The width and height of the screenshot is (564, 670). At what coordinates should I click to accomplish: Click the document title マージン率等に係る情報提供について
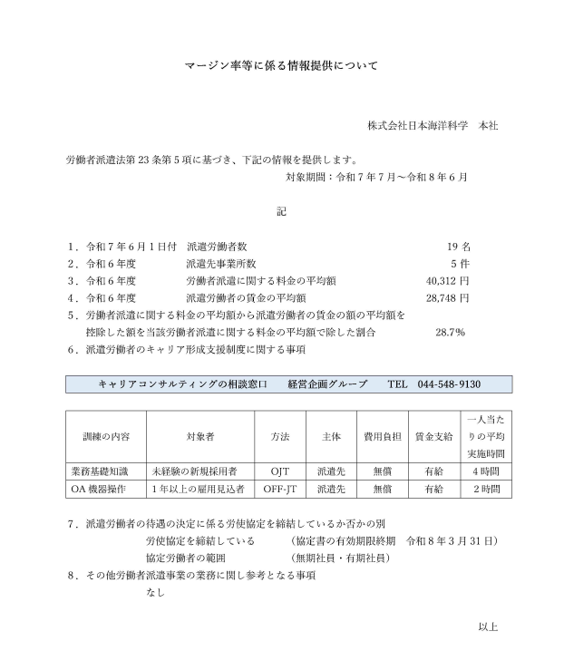pyautogui.click(x=281, y=66)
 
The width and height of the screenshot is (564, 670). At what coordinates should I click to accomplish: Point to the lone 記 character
pyautogui.click(x=281, y=211)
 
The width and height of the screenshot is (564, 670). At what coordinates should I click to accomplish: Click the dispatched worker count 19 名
pyautogui.click(x=458, y=247)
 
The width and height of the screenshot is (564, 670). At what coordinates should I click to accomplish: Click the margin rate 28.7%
pyautogui.click(x=451, y=332)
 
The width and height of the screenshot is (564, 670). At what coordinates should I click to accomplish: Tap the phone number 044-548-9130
pyautogui.click(x=449, y=384)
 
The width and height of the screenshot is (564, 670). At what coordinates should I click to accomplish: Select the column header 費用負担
pyautogui.click(x=376, y=436)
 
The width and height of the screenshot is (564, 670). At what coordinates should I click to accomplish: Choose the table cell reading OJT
pyautogui.click(x=280, y=471)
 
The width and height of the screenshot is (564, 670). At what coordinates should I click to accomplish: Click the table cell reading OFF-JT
pyautogui.click(x=280, y=489)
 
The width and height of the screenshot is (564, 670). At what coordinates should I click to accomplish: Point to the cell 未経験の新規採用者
pyautogui.click(x=195, y=471)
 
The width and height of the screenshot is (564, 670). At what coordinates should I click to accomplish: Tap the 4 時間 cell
pyautogui.click(x=488, y=471)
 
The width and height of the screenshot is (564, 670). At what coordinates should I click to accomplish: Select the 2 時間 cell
pyautogui.click(x=488, y=489)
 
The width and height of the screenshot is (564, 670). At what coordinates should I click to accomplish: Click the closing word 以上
pyautogui.click(x=488, y=626)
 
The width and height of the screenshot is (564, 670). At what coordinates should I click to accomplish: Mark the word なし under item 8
pyautogui.click(x=155, y=592)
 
